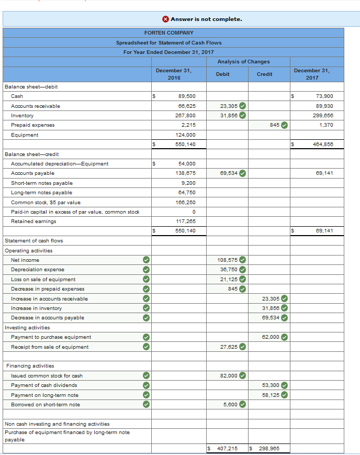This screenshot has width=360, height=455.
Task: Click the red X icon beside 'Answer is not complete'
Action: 165,19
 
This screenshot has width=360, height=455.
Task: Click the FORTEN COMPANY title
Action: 169,32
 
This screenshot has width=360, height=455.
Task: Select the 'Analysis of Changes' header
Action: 243,61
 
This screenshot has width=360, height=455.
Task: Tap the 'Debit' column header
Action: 222,74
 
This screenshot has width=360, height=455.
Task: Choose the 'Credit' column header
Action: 264,74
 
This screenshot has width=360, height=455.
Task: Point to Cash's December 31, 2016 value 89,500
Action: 187,96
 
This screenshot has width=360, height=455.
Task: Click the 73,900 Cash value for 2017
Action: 324,96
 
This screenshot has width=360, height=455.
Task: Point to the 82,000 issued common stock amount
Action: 229,375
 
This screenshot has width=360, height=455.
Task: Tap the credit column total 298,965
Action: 267,449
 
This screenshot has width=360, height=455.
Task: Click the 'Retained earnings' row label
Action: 33,221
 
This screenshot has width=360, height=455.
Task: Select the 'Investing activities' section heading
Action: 27,328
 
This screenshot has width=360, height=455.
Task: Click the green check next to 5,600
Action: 243,404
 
